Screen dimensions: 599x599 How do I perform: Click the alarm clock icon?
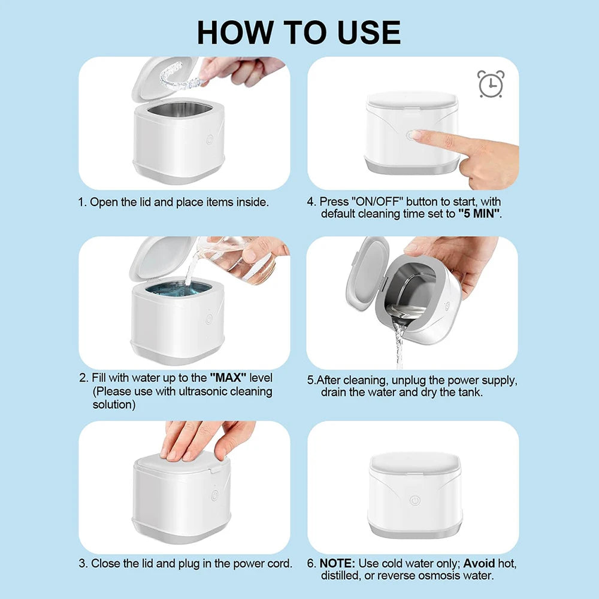491,84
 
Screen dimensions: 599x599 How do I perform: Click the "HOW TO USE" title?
299,32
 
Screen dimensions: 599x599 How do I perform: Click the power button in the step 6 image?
413,500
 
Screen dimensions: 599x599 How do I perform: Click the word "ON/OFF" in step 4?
378,202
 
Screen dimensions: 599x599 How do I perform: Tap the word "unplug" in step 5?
415,380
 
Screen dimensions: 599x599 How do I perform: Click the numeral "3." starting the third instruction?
83,563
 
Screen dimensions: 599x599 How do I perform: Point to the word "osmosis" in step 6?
445,576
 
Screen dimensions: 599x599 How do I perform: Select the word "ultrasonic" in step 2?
206,392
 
